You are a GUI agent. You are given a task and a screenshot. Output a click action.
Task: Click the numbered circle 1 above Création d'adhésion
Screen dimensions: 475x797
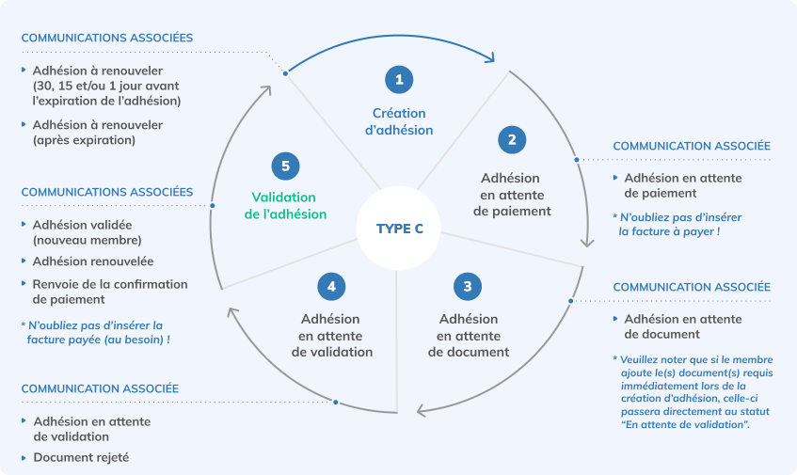[399, 80]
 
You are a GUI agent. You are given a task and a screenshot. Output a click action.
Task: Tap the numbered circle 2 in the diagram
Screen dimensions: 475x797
[511, 140]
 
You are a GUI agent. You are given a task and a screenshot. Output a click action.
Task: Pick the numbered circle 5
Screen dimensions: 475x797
[285, 166]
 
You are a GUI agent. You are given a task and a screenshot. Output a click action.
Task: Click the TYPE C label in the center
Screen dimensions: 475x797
[399, 229]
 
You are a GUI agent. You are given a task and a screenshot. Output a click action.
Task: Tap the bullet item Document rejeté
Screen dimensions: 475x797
[81, 458]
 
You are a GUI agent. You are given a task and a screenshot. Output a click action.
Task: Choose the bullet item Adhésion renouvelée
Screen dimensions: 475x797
[92, 261]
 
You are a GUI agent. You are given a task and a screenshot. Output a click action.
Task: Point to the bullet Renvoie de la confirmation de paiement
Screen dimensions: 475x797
[109, 292]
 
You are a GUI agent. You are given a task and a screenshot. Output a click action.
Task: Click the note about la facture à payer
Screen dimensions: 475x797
[668, 224]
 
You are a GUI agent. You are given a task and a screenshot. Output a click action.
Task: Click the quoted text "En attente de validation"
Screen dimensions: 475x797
[683, 426]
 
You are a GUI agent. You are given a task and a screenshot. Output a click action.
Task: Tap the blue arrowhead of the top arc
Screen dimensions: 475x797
[490, 57]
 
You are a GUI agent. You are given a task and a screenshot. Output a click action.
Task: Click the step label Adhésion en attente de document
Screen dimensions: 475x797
[468, 335]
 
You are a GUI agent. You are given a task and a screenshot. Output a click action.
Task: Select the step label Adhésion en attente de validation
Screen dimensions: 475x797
[329, 335]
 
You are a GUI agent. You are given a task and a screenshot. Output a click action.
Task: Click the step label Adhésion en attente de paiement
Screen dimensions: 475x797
[510, 194]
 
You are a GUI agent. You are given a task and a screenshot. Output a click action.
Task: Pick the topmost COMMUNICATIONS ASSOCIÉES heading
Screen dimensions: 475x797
[106, 38]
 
